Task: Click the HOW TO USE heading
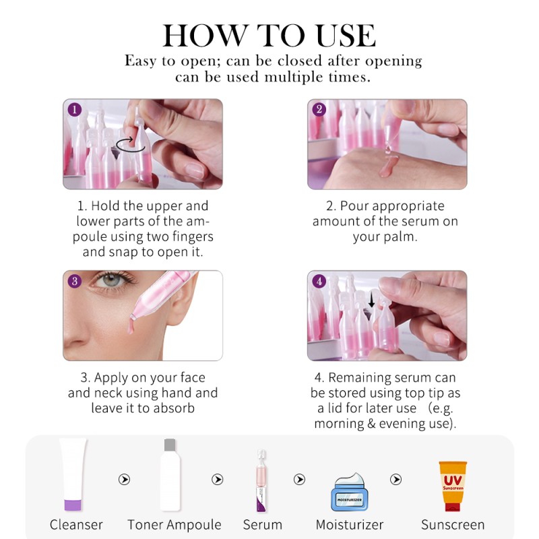click(x=269, y=35)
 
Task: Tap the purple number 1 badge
click(x=75, y=110)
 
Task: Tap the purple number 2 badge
click(x=319, y=110)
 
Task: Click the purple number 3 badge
click(x=75, y=281)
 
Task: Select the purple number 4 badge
click(x=319, y=281)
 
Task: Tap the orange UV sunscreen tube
click(x=452, y=486)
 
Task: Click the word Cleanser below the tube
click(x=76, y=524)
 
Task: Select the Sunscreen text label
click(x=452, y=524)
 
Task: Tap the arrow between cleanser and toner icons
click(x=124, y=480)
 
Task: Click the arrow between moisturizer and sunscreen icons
click(x=396, y=480)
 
